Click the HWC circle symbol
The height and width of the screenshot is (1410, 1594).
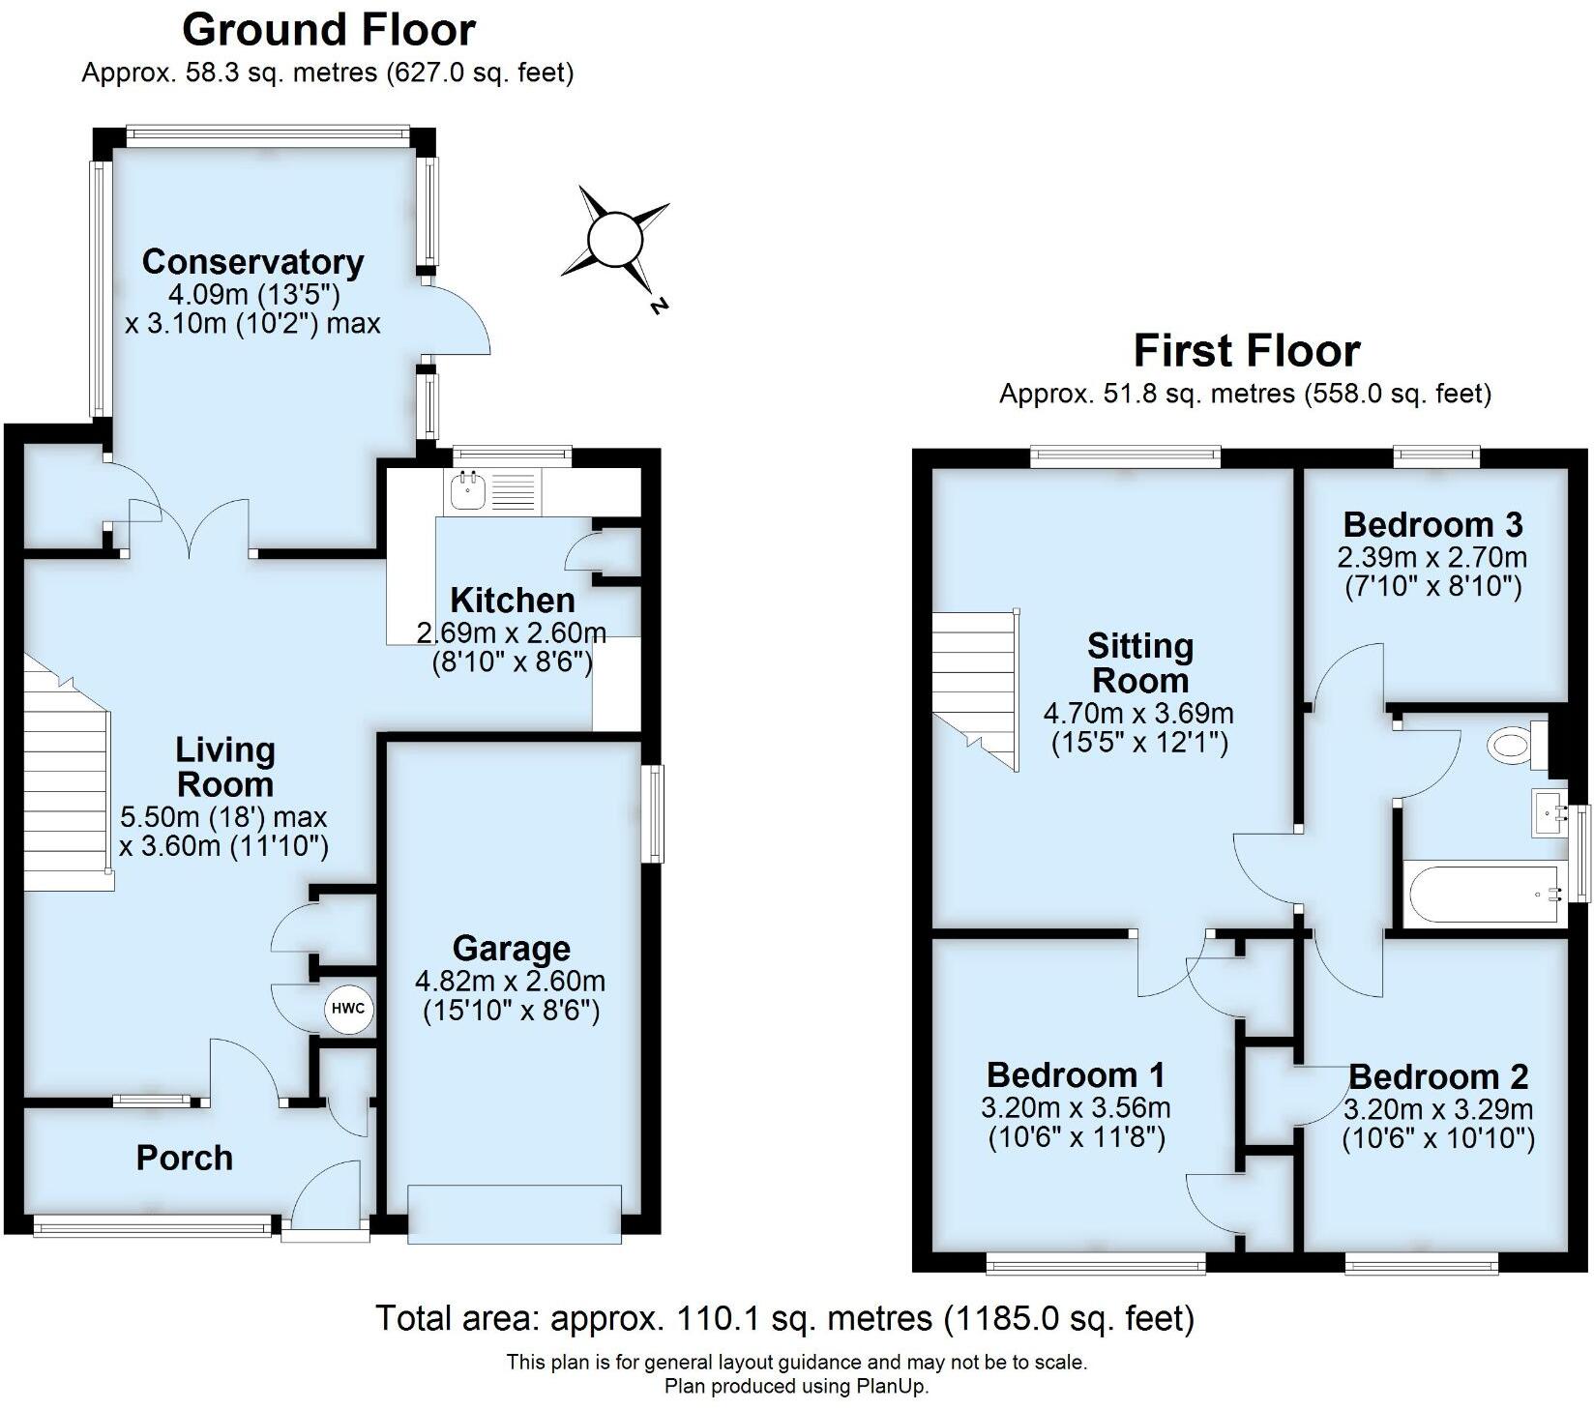tap(347, 1009)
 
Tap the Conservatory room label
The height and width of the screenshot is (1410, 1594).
tap(252, 261)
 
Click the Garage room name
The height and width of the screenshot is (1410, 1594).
tap(511, 948)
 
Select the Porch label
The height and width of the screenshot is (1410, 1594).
tap(184, 1158)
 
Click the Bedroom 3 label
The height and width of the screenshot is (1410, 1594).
tap(1432, 524)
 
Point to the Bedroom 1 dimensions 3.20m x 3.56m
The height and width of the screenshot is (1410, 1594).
tap(1077, 1106)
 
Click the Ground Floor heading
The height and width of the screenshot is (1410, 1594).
tap(329, 29)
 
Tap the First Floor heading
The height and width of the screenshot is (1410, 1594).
tap(1246, 350)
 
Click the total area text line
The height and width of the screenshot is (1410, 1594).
tap(783, 1317)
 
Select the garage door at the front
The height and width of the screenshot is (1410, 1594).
tap(515, 1214)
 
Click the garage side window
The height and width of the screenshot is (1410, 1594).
tap(656, 812)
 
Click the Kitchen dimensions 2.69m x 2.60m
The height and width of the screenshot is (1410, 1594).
tap(511, 633)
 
